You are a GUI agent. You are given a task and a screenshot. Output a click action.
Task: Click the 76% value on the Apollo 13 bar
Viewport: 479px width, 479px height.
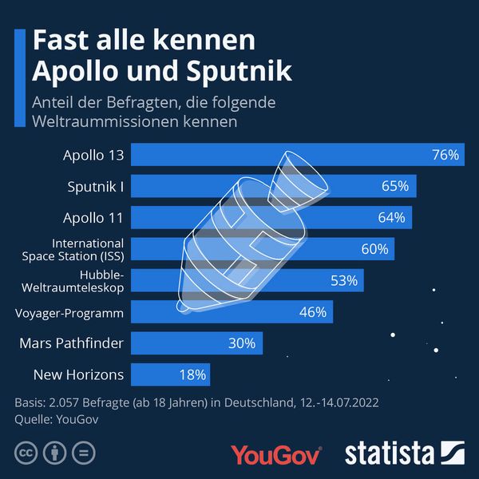coord(445,155)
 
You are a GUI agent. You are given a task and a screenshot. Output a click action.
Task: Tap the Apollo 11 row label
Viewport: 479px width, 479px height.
coord(93,217)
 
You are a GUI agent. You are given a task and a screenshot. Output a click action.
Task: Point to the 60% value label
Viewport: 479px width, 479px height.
coord(374,249)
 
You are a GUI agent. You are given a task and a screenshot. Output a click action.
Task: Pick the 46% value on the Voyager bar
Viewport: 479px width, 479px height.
coord(311,311)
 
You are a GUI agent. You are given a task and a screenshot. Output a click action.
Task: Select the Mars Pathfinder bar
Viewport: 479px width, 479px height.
coord(196,343)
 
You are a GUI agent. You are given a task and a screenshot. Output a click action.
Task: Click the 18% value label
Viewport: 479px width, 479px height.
coord(192,374)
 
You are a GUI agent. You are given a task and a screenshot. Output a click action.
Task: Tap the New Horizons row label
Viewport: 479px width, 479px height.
coord(78,374)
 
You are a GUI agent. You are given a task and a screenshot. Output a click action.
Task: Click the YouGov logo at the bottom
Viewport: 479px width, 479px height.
coord(276,453)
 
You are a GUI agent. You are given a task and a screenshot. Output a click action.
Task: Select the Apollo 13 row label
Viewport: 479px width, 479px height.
coord(93,155)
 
